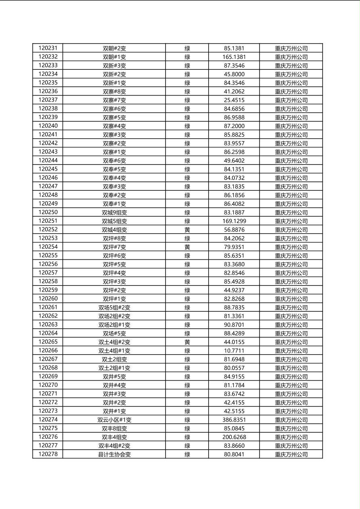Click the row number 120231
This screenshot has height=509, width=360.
48,48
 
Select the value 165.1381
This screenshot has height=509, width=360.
234,57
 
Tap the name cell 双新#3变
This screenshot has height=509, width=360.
114,65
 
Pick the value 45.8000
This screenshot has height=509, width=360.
234,74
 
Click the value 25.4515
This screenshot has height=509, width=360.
234,100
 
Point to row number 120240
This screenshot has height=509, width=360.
48,126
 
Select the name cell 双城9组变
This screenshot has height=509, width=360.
114,212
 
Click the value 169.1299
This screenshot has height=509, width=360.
234,221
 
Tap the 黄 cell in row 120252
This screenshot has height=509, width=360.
187,229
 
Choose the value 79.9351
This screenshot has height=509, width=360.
234,247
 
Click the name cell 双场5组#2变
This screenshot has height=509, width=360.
114,307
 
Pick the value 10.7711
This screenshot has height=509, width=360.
234,350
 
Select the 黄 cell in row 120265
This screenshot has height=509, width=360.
187,342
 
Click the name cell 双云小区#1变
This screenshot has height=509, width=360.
114,420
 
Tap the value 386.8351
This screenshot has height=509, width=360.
234,420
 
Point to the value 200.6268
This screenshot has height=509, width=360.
234,437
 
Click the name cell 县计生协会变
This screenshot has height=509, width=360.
114,454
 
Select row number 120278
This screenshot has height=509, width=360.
48,454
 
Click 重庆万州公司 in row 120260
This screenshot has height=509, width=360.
291,299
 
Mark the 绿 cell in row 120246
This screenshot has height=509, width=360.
187,178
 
